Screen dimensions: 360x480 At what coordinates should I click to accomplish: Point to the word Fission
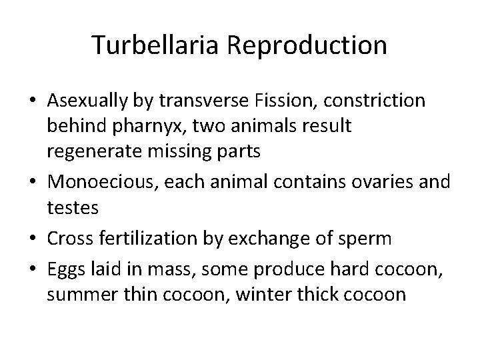(x=279, y=100)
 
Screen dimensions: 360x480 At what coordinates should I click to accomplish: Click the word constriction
(x=382, y=100)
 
